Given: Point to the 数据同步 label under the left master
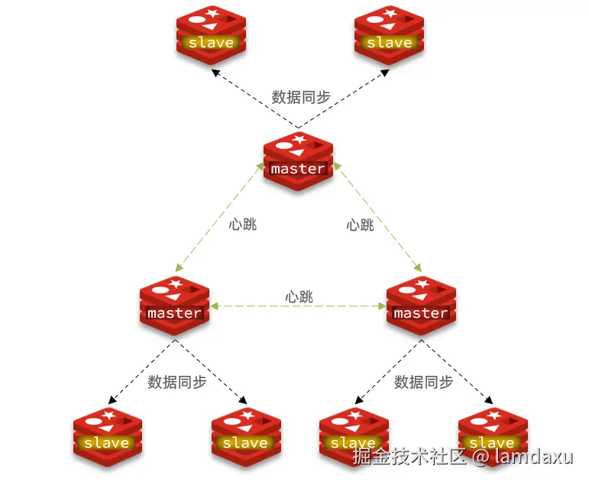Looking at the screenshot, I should [177, 382].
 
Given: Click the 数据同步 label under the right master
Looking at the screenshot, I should [423, 382].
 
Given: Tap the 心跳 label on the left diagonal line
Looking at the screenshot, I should [243, 225].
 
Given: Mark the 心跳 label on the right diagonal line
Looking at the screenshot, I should [360, 225].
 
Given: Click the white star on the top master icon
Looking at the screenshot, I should [299, 139].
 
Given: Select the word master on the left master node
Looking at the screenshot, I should [174, 313].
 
